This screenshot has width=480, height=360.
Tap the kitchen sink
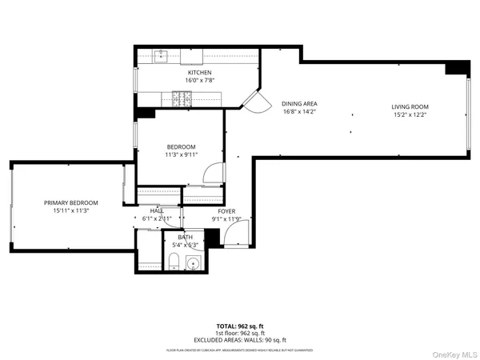coord(161,55)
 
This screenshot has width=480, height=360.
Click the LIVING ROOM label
coord(410,106)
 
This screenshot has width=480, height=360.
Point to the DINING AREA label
coord(299,104)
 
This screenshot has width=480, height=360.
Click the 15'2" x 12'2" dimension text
coord(410,114)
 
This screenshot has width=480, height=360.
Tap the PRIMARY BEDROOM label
coord(70,202)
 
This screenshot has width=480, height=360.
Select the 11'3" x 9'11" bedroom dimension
coord(181,154)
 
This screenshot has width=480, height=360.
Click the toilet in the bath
coord(174,261)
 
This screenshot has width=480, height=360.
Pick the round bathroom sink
coord(192,262)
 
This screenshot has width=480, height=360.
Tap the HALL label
coord(157,210)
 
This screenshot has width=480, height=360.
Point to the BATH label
coord(186,238)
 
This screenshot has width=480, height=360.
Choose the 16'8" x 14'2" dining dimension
coord(299,111)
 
